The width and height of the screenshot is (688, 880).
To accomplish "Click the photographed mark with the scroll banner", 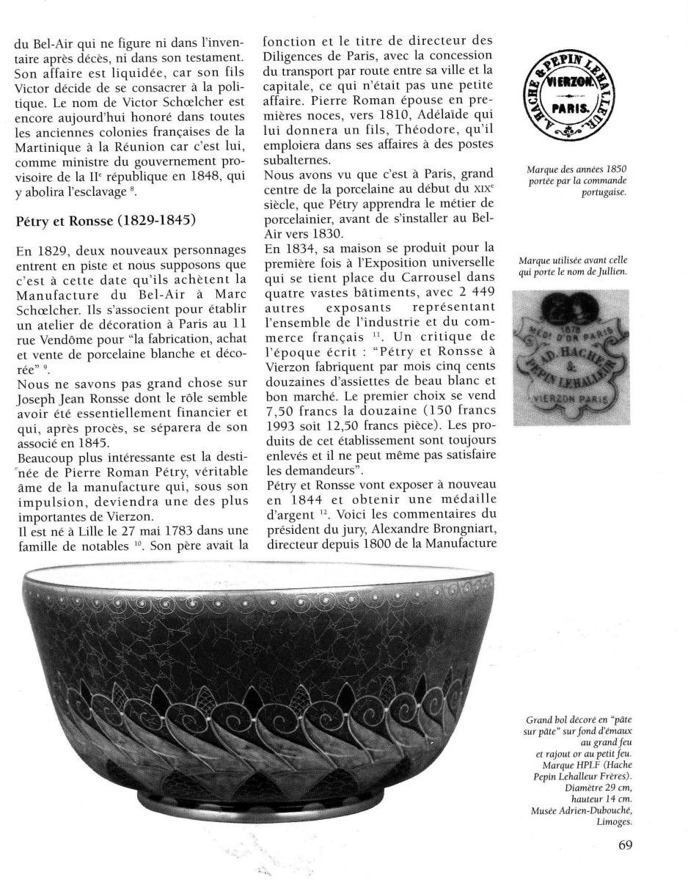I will tap(570, 358).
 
